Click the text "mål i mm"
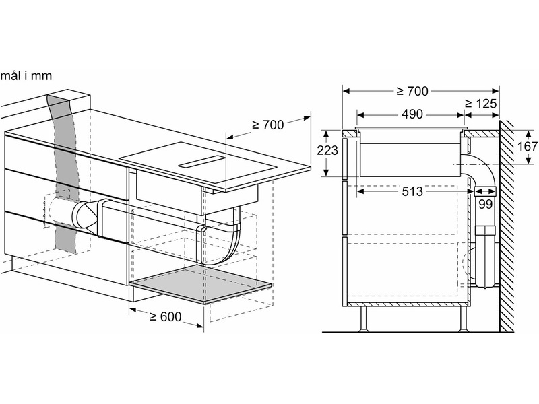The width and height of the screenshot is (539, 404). pos(26,75)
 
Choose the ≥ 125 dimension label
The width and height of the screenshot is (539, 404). pos(480,104)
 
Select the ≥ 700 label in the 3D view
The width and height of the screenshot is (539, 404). pos(267,125)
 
